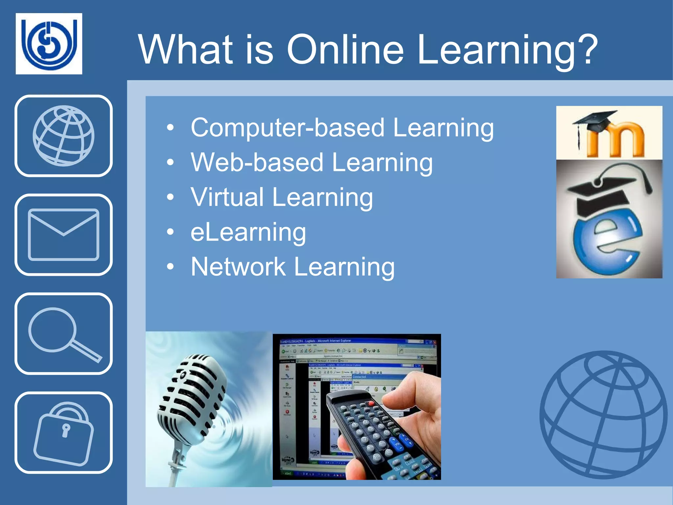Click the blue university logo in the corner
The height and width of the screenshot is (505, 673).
[49, 43]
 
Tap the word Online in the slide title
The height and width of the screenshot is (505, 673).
[345, 50]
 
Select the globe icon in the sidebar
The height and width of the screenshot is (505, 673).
[63, 136]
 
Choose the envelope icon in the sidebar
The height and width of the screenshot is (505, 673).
[63, 235]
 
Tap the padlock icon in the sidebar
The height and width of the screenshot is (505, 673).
[63, 433]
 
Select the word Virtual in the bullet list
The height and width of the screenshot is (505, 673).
[227, 197]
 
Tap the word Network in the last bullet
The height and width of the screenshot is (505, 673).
[238, 267]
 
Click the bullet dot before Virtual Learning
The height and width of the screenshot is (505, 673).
[170, 198]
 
